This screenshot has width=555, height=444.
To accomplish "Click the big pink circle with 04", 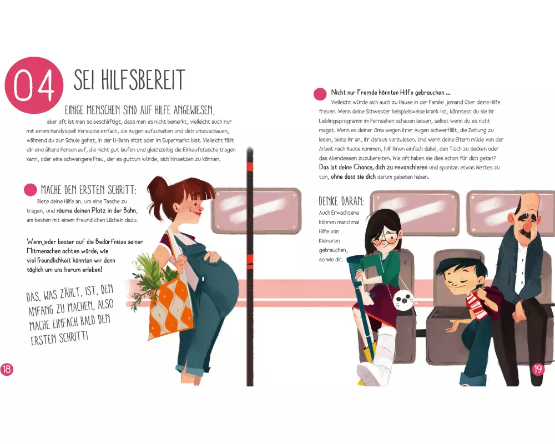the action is pyautogui.click(x=34, y=85).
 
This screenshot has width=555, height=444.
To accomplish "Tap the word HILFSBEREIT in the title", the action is pyautogui.click(x=143, y=80).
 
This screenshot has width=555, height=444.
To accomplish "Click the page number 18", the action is pyautogui.click(x=6, y=370).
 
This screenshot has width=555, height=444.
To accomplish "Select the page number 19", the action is pyautogui.click(x=538, y=369).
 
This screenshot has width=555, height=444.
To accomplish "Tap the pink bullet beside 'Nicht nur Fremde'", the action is pyautogui.click(x=320, y=94).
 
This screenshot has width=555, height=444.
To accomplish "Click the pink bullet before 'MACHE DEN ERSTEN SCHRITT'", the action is pyautogui.click(x=31, y=190).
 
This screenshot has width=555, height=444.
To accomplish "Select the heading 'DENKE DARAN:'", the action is pyautogui.click(x=341, y=201).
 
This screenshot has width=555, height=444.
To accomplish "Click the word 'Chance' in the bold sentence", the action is pyautogui.click(x=363, y=167).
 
